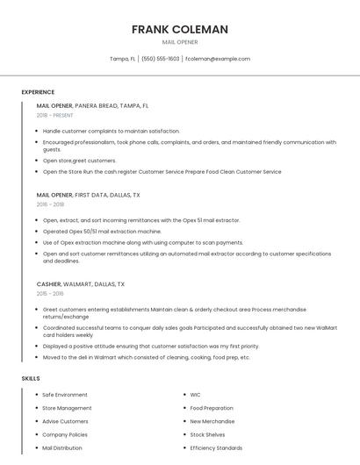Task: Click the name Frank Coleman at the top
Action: click(x=180, y=29)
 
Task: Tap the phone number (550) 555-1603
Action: click(x=160, y=59)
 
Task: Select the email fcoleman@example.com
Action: click(x=218, y=59)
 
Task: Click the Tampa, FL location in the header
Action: click(x=122, y=59)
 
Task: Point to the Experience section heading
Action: click(x=38, y=92)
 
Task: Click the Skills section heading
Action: click(x=31, y=378)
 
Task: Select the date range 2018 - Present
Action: click(x=55, y=115)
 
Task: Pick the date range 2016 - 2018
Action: click(x=50, y=204)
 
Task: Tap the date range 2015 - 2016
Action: click(x=50, y=294)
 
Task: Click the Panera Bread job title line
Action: click(x=92, y=105)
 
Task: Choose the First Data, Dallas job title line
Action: click(x=88, y=195)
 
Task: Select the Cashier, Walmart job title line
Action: click(x=81, y=284)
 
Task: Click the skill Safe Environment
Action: click(x=65, y=395)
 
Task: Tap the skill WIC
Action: click(x=195, y=395)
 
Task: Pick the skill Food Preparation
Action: click(x=212, y=408)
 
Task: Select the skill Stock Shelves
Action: click(x=207, y=434)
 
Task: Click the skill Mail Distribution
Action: click(x=62, y=447)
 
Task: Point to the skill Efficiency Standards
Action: click(x=216, y=447)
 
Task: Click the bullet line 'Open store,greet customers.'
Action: click(x=79, y=161)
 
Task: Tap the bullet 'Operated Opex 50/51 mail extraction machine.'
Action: click(x=102, y=231)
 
